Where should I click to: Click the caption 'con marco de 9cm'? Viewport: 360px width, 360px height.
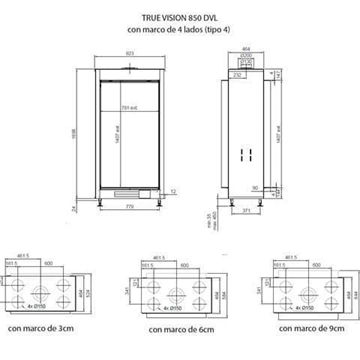[x=309, y=326]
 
